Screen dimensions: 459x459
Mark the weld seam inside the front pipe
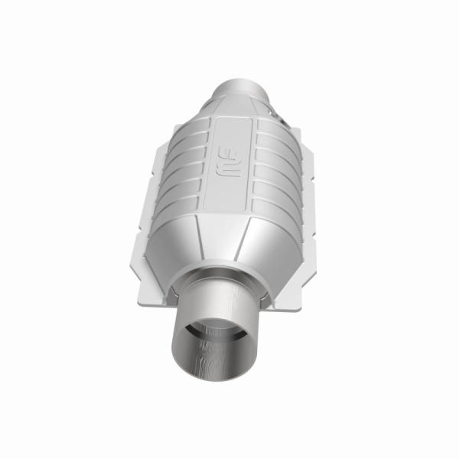[x=205, y=360]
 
